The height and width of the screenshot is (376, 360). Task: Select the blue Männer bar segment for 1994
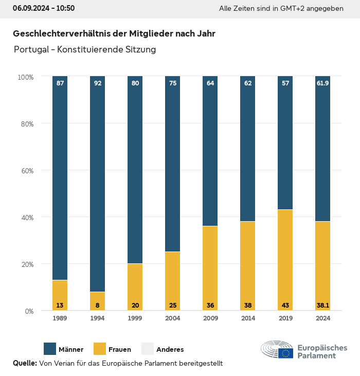tap(98, 185)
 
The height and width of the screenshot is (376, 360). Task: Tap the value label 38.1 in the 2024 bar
tap(322, 306)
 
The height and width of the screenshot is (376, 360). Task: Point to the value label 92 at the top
tap(98, 83)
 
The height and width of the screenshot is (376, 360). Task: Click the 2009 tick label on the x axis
tap(210, 318)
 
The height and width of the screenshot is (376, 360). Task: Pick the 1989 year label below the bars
tap(60, 318)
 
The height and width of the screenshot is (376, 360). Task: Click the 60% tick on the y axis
tap(26, 171)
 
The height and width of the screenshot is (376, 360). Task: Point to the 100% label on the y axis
tap(25, 77)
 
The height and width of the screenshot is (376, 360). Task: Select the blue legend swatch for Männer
tap(50, 349)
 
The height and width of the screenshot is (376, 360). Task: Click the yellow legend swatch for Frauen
tap(99, 349)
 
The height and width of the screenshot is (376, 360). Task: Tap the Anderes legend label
tap(170, 350)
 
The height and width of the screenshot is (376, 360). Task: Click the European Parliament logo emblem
tap(277, 349)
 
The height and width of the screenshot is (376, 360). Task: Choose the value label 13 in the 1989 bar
tap(60, 306)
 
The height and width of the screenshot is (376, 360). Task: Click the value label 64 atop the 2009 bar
tap(210, 83)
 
